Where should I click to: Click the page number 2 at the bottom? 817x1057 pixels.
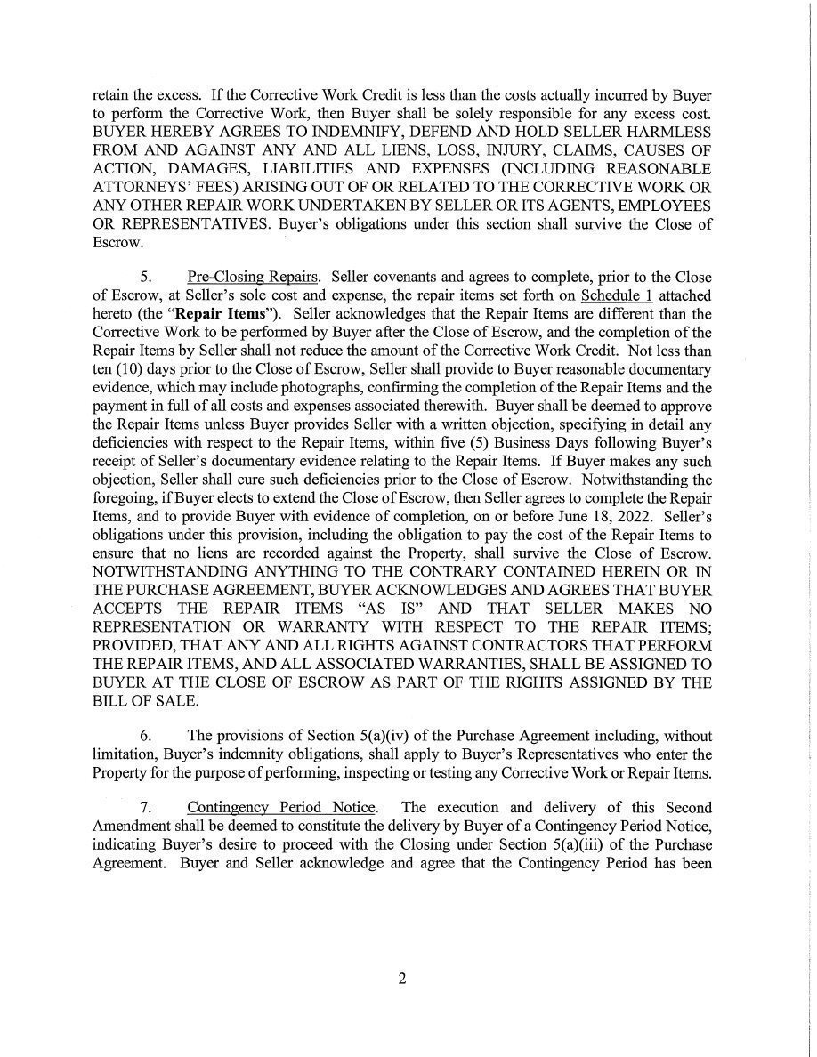(x=401, y=980)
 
